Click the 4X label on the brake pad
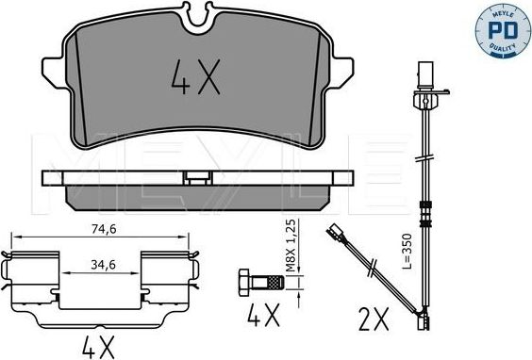196,76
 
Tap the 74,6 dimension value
104,230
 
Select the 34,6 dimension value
103,265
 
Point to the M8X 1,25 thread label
291,245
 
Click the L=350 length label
407,251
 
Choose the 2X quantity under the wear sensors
374,319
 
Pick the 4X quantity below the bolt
263,315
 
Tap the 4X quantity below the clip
98,347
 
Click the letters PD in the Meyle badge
503,30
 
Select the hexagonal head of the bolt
244,283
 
